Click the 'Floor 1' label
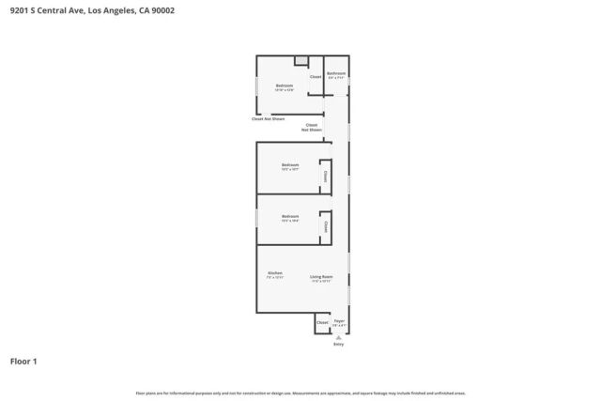tap(23, 361)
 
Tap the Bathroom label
tap(336, 73)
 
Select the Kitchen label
tap(274, 273)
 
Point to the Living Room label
tap(321, 277)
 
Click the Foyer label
tap(339, 321)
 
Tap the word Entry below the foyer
tap(339, 345)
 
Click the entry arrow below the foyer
tap(339, 336)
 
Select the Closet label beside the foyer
tap(322, 322)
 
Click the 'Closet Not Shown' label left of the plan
tap(268, 118)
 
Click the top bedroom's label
tap(285, 86)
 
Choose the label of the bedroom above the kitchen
tap(289, 217)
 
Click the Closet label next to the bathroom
tap(316, 76)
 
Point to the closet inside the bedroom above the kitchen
tap(325, 225)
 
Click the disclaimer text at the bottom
tap(300, 393)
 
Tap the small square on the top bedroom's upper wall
tap(300, 61)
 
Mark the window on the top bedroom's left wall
tap(256, 85)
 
